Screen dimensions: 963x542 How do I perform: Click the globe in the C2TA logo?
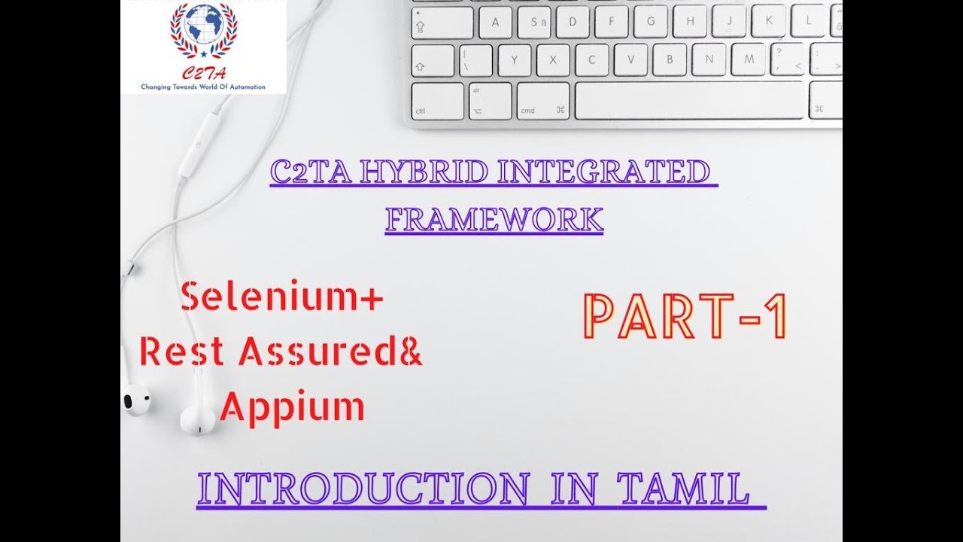click(204, 26)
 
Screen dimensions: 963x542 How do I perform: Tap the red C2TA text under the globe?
click(203, 74)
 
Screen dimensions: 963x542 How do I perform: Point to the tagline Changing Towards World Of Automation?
click(203, 87)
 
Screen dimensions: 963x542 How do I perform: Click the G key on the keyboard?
click(651, 22)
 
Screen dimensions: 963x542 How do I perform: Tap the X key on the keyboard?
click(553, 59)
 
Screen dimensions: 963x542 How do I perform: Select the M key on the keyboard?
click(749, 59)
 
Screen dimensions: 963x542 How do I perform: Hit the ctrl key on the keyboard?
click(438, 101)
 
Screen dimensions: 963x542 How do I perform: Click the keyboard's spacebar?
click(689, 100)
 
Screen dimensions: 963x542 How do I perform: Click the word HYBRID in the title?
click(424, 172)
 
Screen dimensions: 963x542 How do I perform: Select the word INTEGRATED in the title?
click(606, 171)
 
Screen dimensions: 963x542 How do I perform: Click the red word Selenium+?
click(281, 296)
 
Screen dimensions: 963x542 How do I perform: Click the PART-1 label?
click(685, 317)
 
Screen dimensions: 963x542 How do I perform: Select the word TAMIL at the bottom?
click(682, 489)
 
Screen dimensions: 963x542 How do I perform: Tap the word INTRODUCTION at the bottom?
click(363, 489)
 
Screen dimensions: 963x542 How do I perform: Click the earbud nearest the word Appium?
click(197, 419)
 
